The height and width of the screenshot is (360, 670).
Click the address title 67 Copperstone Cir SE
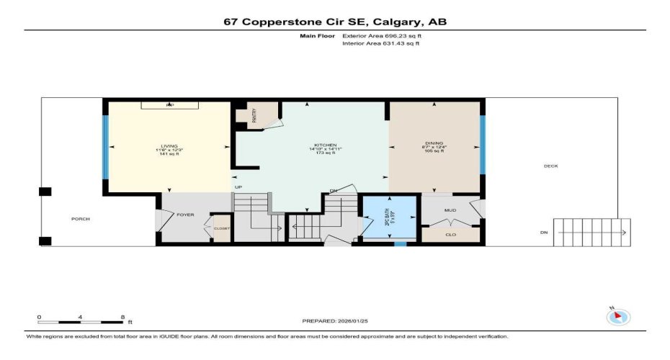[335, 22]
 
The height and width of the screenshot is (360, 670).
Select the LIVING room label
[170, 145]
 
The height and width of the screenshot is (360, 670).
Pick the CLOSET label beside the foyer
[222, 228]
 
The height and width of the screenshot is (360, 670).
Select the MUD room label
[450, 211]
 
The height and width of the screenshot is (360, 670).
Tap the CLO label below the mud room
[450, 234]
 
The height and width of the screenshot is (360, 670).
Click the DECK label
[550, 166]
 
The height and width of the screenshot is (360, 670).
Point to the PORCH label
[80, 219]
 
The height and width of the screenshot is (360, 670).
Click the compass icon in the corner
[618, 316]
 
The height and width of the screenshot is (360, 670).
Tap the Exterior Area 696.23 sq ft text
[380, 35]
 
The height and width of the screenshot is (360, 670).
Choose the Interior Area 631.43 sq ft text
[380, 43]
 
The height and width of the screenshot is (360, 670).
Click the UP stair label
[238, 188]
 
